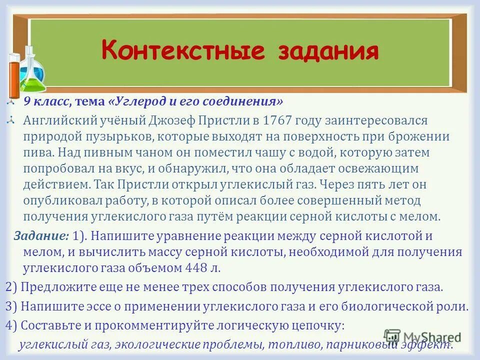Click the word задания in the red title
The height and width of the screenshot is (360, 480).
[x=322, y=51]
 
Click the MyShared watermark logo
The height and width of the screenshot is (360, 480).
[x=422, y=337]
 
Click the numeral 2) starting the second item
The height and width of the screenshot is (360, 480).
[x=11, y=287]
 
